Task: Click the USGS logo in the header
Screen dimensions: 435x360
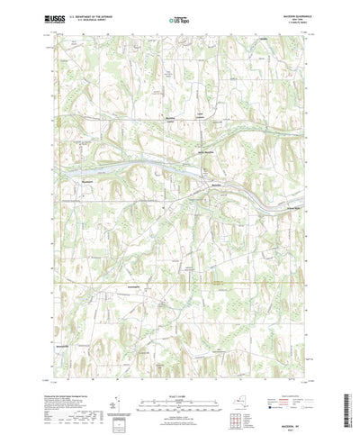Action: click(x=58, y=16)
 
